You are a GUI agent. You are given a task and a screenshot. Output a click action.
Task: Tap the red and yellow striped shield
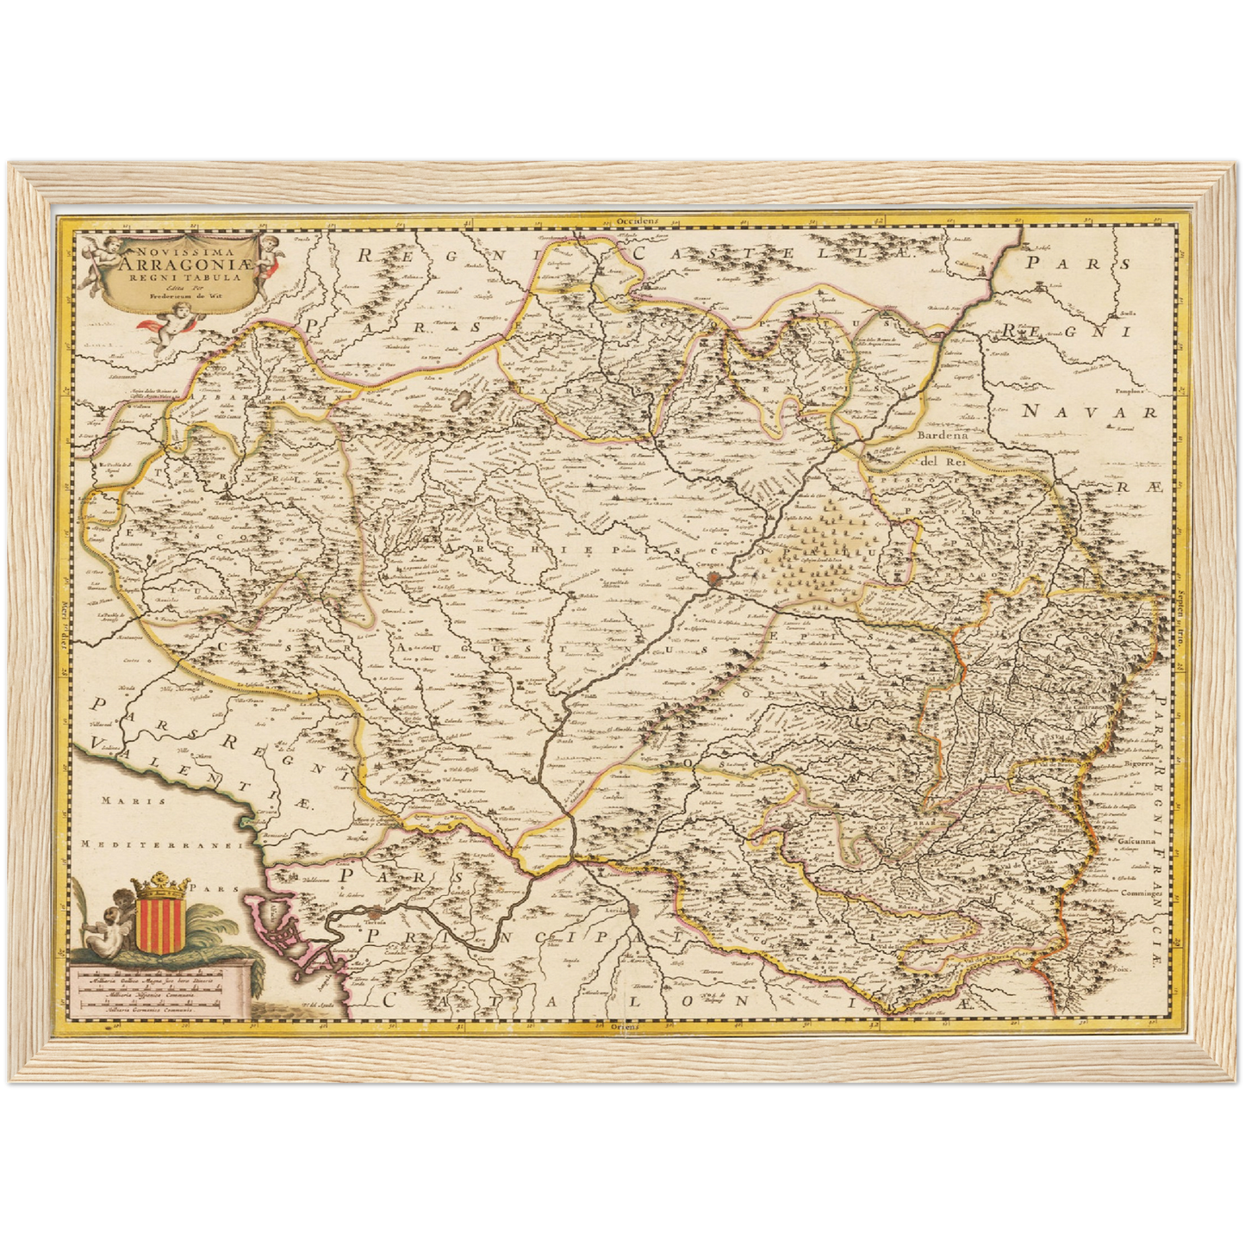(159, 924)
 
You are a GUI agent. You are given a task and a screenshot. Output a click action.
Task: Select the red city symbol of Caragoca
(715, 580)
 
